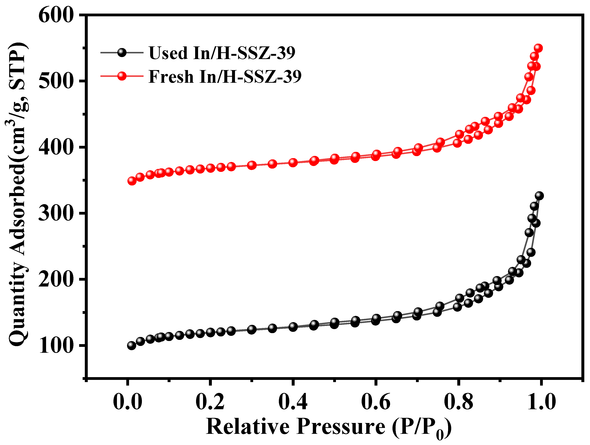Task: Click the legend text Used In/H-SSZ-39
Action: tap(222, 53)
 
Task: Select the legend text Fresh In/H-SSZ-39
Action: tap(225, 76)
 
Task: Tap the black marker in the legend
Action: tap(122, 52)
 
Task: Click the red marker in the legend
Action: tap(122, 76)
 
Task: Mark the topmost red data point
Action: tap(538, 48)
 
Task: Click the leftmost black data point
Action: tap(131, 346)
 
